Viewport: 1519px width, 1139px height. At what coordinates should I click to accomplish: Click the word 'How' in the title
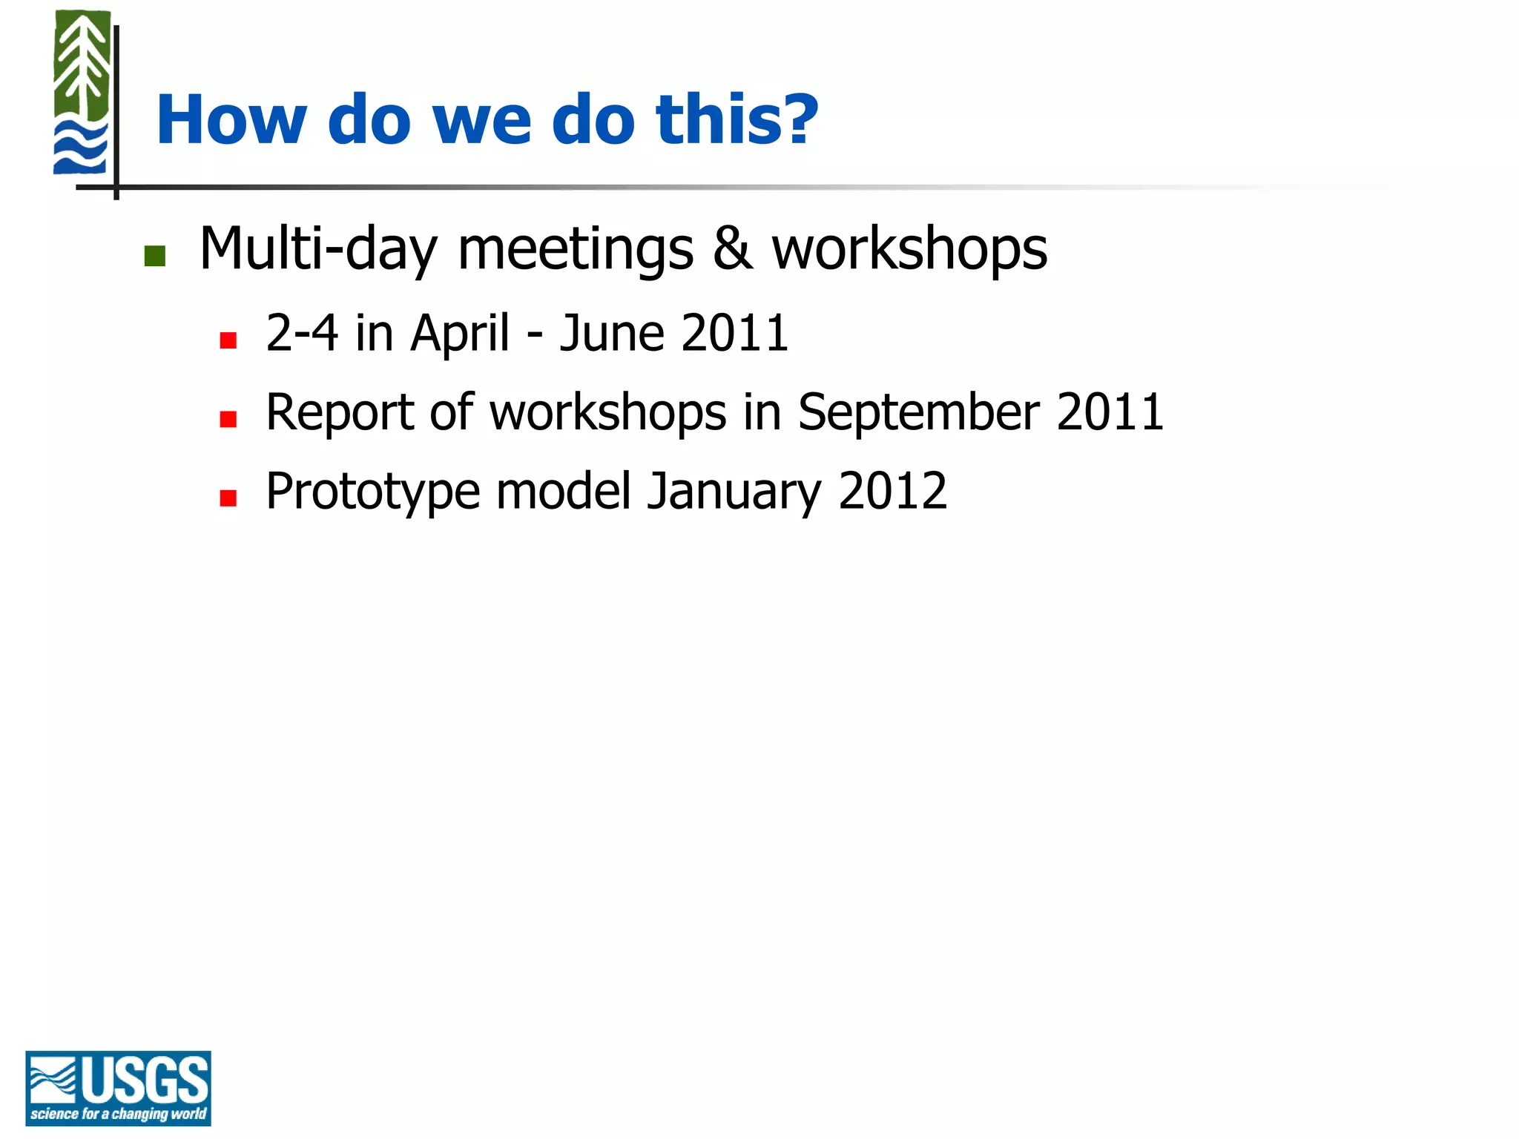[231, 120]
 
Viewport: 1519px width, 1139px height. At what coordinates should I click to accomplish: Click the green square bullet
[154, 256]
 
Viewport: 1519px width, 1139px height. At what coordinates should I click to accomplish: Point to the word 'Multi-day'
[318, 250]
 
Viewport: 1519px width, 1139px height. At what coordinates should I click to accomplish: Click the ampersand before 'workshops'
[732, 249]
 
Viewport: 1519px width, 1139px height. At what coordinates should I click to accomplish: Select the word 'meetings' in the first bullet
[576, 250]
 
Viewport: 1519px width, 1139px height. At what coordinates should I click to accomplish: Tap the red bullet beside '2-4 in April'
[228, 340]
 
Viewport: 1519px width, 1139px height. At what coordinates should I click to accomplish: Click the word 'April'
[459, 334]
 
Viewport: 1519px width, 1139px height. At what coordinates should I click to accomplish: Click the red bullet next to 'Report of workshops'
[228, 420]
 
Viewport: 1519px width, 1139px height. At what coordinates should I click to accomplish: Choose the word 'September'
[918, 412]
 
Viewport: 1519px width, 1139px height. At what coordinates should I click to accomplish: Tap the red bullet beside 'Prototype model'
[228, 498]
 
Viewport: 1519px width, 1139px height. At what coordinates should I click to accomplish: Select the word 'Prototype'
[372, 492]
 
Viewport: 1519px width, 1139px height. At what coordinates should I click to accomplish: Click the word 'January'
[734, 492]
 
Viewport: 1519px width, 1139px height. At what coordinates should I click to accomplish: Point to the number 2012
[892, 491]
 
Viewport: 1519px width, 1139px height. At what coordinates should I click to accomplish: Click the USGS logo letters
[145, 1080]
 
